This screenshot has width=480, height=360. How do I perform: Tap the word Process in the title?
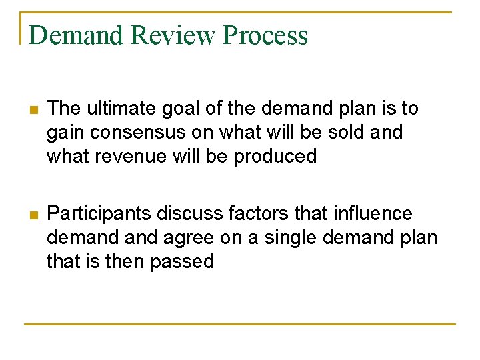266,35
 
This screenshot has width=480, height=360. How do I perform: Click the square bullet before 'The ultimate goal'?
27,109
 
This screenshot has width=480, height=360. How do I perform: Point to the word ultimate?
121,108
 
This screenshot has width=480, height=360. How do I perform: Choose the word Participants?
99,214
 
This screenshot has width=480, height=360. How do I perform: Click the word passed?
182,261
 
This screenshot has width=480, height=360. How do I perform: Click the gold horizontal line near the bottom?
240,325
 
